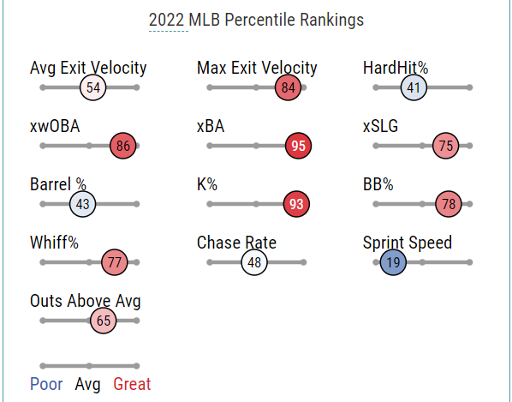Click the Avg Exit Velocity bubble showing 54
point(93,87)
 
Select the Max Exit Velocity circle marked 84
point(288,87)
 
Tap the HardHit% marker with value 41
point(414,87)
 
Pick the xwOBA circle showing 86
point(122,146)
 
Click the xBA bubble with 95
point(298,146)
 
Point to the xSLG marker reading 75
point(446,146)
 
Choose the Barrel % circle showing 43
point(82,204)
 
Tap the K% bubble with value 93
point(296,204)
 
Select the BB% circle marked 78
point(449,204)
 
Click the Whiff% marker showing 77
point(115,262)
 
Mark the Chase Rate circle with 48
point(254,262)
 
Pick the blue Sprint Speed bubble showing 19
point(393,262)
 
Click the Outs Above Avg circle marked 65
point(104,321)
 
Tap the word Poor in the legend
point(46,384)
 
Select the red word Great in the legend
point(132,384)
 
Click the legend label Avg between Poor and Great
point(87,384)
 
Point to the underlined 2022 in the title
point(167,20)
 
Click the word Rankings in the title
point(331,21)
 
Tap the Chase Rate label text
point(236,243)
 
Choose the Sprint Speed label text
point(408,243)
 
